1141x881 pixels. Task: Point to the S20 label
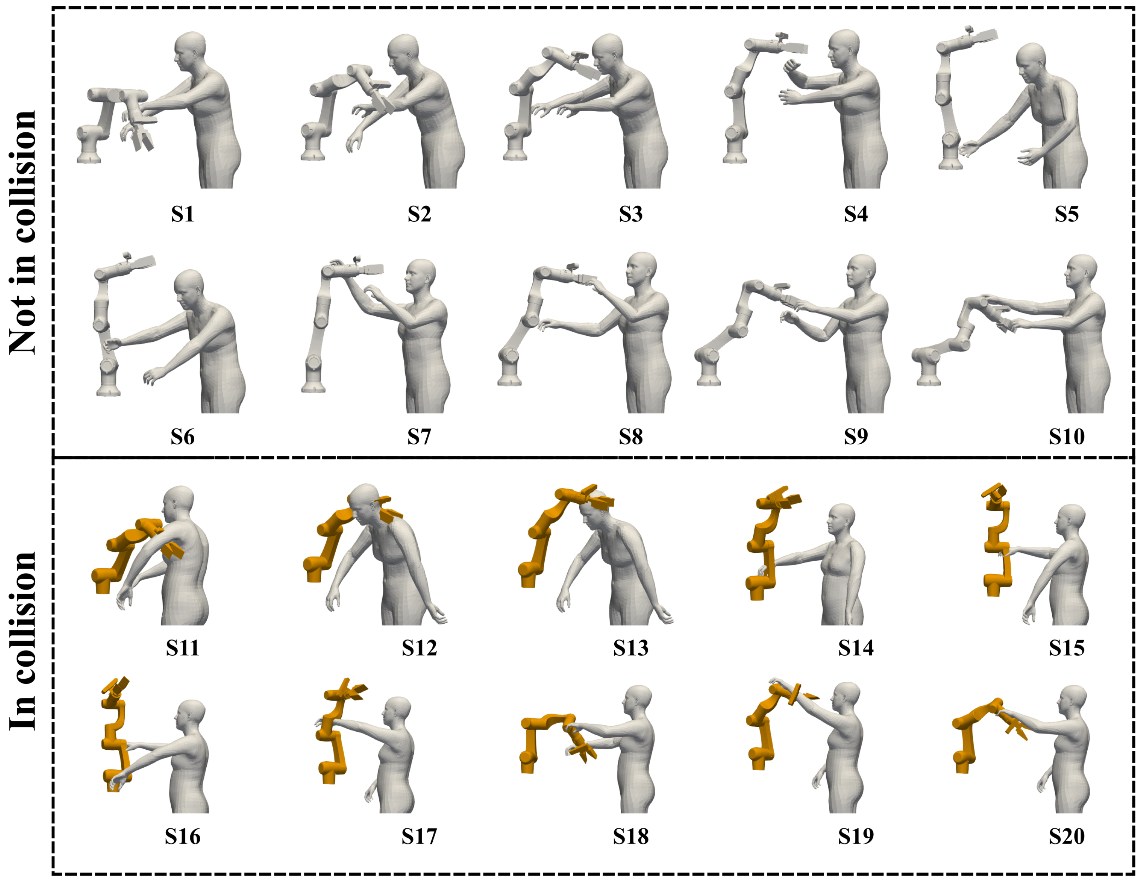(1066, 836)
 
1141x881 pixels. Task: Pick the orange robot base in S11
(102, 580)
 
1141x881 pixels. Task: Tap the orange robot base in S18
(528, 762)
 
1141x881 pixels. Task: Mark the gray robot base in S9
(707, 367)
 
